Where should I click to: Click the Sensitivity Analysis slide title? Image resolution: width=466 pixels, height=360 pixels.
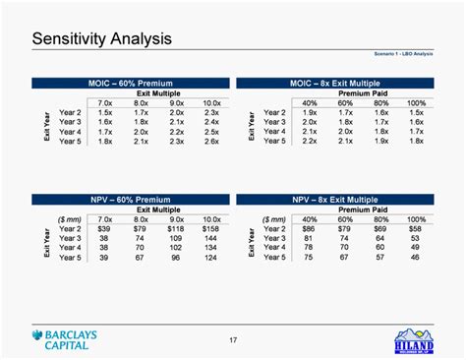(x=101, y=39)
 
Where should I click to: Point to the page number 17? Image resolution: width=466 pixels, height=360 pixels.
(x=233, y=341)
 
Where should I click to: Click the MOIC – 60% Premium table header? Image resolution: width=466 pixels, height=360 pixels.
(x=130, y=83)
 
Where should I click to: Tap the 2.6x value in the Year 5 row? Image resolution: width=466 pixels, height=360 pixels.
(x=210, y=142)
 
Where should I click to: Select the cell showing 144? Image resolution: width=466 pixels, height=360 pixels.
(x=211, y=238)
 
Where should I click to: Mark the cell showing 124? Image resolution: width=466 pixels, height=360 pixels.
(x=211, y=258)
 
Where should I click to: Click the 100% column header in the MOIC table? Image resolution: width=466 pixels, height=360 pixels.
(x=416, y=102)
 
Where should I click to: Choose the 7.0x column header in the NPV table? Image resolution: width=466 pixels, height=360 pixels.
(x=104, y=218)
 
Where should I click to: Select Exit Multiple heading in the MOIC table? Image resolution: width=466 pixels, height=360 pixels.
(x=157, y=92)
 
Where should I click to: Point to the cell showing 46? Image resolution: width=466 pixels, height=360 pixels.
(x=416, y=258)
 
